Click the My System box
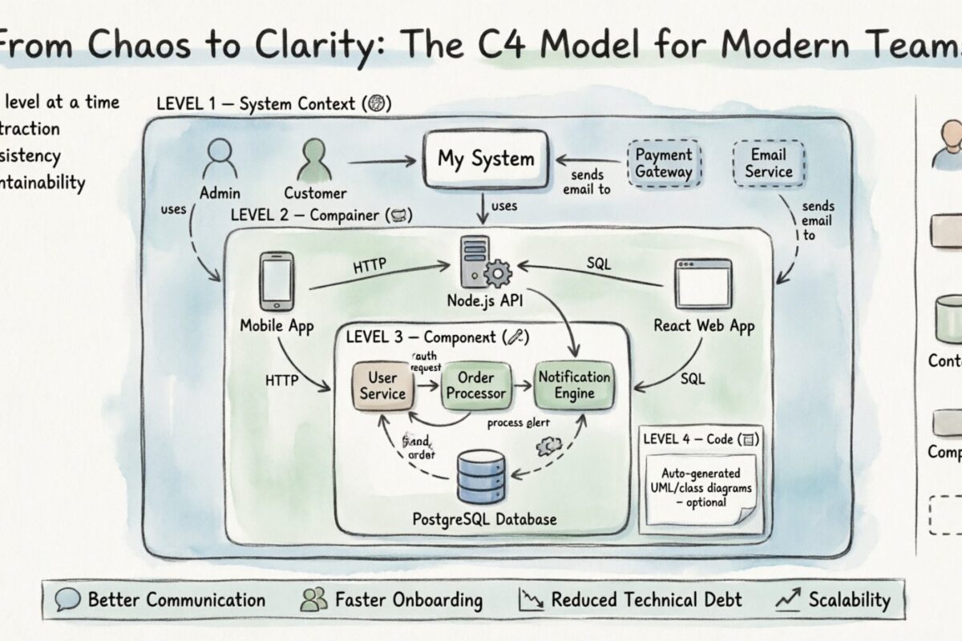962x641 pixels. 486,159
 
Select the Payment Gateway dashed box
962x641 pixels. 663,163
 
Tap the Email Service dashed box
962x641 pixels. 768,163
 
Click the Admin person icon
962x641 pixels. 218,160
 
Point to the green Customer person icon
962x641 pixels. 314,160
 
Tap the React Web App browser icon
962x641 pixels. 703,284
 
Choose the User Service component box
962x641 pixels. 383,385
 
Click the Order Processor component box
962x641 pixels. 476,385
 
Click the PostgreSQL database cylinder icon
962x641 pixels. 481,477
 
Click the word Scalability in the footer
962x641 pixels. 849,600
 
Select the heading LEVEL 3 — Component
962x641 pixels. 437,337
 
